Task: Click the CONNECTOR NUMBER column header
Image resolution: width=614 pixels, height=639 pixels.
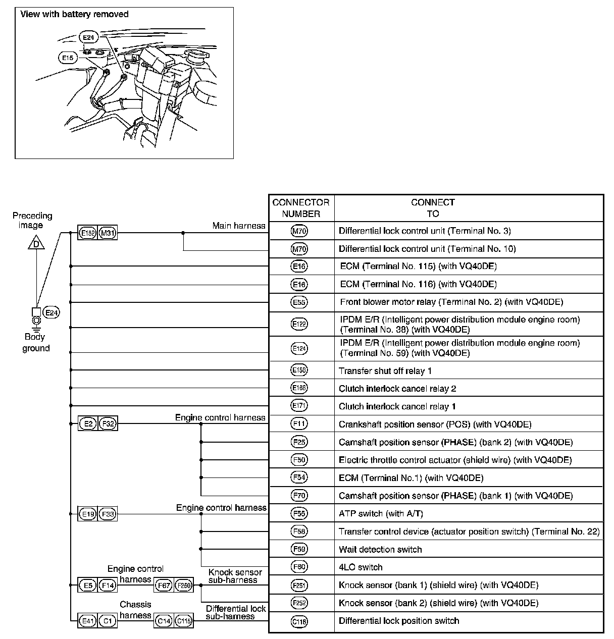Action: pos(301,208)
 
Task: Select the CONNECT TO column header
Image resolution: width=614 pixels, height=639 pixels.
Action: pos(433,208)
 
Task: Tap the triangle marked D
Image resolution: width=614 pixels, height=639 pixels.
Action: pos(36,245)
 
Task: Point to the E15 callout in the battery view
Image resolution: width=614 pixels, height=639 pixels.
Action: pos(67,58)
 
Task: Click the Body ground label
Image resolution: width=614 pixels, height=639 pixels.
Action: pos(35,343)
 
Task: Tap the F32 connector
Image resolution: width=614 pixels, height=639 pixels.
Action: pos(107,424)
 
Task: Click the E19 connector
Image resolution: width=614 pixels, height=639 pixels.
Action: pos(87,514)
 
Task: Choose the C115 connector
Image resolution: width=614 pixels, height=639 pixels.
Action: pos(183,621)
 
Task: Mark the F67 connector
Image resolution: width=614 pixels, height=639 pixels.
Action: pos(164,585)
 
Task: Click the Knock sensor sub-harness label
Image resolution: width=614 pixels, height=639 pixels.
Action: pos(235,576)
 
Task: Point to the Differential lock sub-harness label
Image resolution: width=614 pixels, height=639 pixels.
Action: pos(236,612)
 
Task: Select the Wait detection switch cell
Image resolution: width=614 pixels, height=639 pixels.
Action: pos(380,550)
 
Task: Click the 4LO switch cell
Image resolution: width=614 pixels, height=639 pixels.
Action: pos(361,567)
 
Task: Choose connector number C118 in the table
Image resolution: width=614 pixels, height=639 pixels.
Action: pos(300,621)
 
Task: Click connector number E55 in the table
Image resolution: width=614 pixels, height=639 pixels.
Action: pos(300,302)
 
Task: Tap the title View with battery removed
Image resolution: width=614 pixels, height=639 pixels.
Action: pos(74,14)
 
